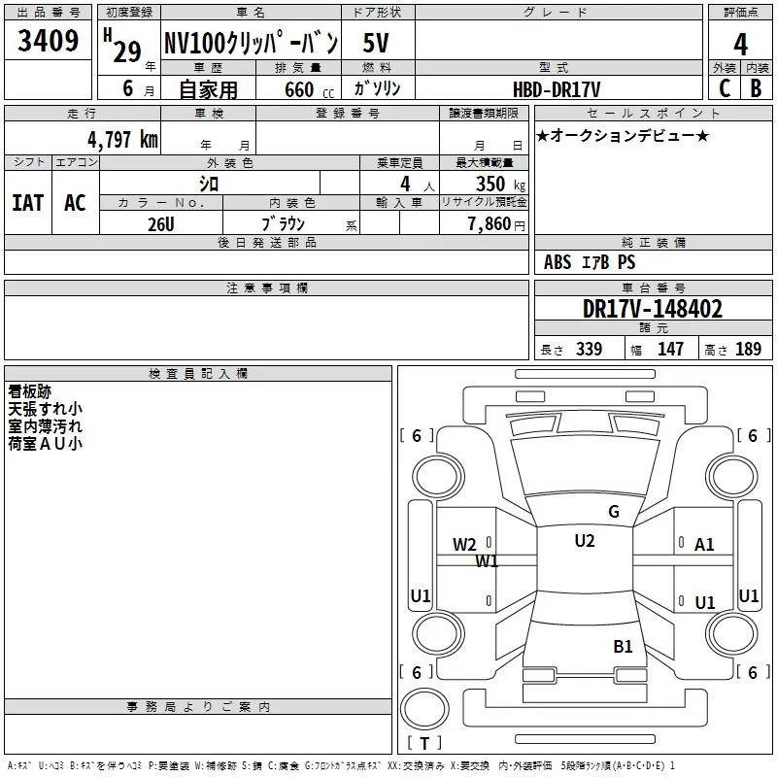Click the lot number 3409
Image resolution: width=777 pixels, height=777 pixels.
[x=48, y=40]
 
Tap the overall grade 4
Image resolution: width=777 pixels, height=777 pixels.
[x=740, y=45]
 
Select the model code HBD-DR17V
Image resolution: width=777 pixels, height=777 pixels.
[x=557, y=89]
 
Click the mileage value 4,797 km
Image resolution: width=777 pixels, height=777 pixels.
[x=122, y=139]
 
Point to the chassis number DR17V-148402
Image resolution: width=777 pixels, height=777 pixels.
[x=653, y=309]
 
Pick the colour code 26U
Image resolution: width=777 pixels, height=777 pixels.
[x=161, y=224]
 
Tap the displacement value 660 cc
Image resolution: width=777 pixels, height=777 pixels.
[x=309, y=90]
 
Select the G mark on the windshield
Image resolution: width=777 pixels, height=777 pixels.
[x=614, y=512]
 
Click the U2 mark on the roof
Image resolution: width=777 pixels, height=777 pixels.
[x=585, y=541]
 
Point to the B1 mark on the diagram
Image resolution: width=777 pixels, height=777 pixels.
[x=623, y=647]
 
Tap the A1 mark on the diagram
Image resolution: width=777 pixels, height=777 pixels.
[x=704, y=545]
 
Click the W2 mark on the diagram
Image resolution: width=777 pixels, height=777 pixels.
[x=464, y=545]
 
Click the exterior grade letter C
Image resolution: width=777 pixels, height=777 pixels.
[x=725, y=88]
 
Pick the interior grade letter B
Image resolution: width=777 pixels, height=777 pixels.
[x=757, y=88]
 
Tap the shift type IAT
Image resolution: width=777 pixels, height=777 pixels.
[x=28, y=203]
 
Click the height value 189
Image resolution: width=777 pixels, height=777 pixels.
[x=748, y=349]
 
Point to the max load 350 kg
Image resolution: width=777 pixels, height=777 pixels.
[x=500, y=184]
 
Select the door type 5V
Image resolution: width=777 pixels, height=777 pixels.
[x=376, y=43]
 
